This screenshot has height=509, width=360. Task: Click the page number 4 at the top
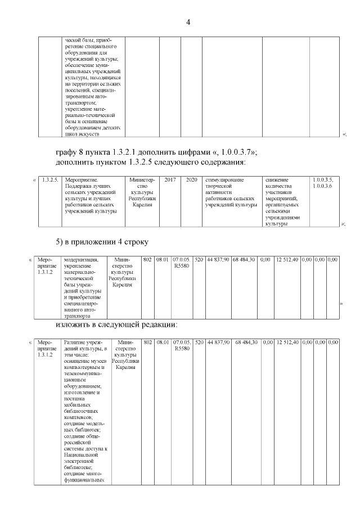188,22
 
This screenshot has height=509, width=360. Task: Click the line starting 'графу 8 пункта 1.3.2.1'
156,152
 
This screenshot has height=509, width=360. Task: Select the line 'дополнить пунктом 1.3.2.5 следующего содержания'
151,163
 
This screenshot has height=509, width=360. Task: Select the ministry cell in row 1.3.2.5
142,192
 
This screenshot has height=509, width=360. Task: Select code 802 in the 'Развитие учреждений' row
148,342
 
